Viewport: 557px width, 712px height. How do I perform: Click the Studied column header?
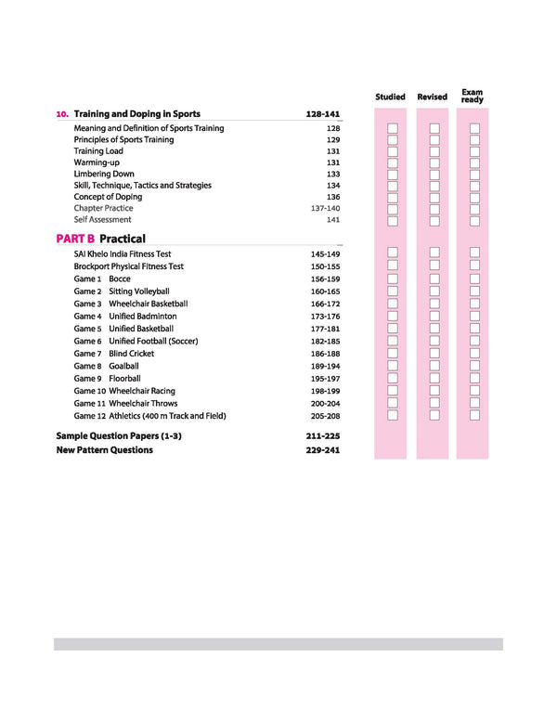pos(390,97)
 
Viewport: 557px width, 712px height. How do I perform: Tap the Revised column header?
pos(432,97)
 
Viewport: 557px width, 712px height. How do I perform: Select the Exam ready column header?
pos(473,96)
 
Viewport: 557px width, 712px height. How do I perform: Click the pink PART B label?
pos(75,239)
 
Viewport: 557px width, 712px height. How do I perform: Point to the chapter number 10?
pos(62,114)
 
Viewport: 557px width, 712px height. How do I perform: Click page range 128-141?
pos(323,114)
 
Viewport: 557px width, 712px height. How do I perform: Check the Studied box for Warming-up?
pos(393,163)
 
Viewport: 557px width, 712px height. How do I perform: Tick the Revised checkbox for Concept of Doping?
pos(434,198)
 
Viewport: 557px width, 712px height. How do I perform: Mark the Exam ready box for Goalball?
pos(474,366)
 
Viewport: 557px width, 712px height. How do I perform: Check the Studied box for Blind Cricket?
pos(393,354)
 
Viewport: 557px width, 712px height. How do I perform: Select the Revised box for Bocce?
pos(434,278)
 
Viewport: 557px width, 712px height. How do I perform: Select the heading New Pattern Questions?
pos(104,450)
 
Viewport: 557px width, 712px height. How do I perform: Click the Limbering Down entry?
pos(104,174)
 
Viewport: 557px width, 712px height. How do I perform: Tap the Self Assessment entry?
pos(102,220)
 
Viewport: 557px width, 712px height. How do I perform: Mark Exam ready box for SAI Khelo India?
pos(474,253)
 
